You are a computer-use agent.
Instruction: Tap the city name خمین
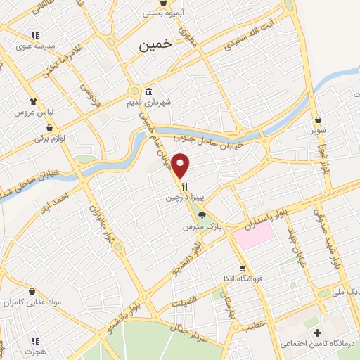(x=155, y=44)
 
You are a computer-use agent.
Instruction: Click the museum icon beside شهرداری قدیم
(x=149, y=91)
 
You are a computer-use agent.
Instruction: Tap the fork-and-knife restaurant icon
(x=185, y=186)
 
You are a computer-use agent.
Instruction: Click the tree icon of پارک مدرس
(x=202, y=215)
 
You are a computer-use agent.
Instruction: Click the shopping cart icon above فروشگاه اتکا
(x=243, y=268)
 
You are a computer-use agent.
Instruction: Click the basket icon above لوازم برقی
(x=50, y=127)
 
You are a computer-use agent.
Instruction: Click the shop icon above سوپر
(x=319, y=120)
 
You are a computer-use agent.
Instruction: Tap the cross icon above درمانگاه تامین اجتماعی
(x=317, y=333)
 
